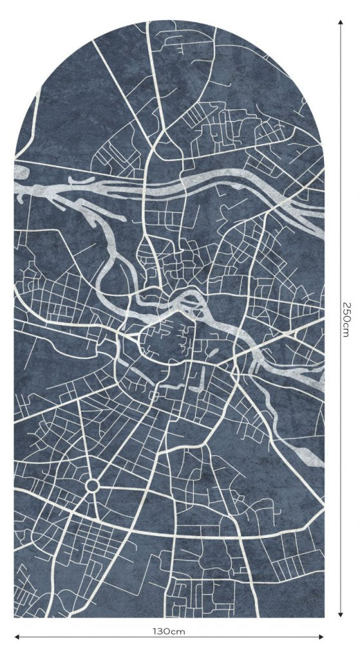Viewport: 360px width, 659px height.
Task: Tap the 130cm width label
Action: pyautogui.click(x=169, y=631)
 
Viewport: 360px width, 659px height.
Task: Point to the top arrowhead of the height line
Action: pyautogui.click(x=340, y=21)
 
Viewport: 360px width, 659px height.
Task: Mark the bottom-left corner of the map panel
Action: pyautogui.click(x=15, y=617)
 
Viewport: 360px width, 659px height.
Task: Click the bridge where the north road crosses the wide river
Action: pyautogui.click(x=148, y=184)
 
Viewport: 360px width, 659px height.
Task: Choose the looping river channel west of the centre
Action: pyautogui.click(x=106, y=257)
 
